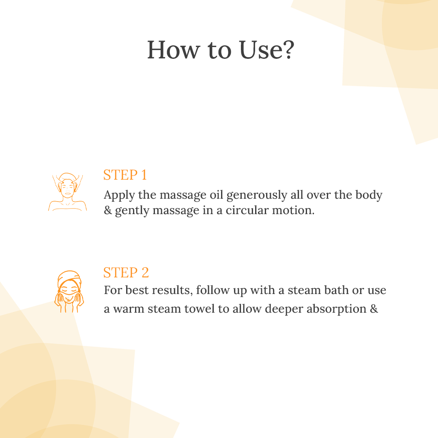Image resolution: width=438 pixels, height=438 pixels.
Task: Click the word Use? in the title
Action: point(267,50)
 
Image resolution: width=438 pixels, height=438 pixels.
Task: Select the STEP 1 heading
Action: point(125,175)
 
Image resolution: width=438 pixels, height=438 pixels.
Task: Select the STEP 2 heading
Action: point(126,273)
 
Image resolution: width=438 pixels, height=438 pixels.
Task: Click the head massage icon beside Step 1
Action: point(67,192)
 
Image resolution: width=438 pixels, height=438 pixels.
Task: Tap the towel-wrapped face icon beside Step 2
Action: point(69,291)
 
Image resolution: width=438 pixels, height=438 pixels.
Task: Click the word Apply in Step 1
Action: point(119,195)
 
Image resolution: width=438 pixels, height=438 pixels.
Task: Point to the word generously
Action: point(257,195)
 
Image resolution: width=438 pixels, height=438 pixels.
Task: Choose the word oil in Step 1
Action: point(217,195)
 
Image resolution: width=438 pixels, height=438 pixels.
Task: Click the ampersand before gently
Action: point(108,210)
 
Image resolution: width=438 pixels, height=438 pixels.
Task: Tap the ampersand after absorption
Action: point(374,309)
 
